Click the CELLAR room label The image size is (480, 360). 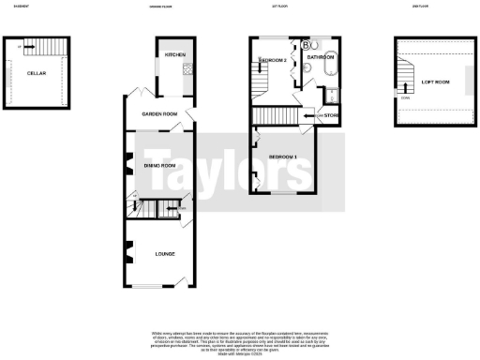click(x=37, y=72)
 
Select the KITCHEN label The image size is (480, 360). click(x=175, y=55)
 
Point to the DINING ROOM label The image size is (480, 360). click(x=159, y=165)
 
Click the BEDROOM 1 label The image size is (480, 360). click(x=282, y=156)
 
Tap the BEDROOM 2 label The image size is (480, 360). click(x=272, y=60)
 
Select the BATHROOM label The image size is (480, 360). click(x=318, y=58)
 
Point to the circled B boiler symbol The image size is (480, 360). click(x=307, y=44)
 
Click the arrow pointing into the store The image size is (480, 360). click(x=311, y=116)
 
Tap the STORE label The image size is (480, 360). click(x=331, y=116)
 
